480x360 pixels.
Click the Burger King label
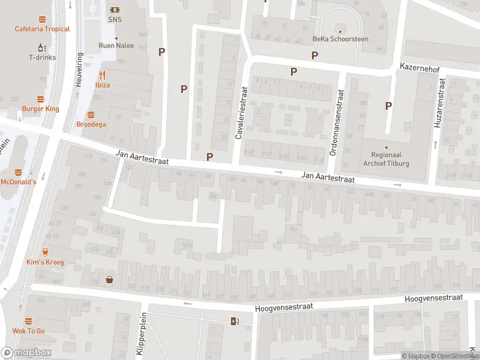point(41,109)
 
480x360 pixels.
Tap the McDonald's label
point(18,182)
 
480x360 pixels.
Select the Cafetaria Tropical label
point(42,29)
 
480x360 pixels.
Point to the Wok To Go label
point(28,331)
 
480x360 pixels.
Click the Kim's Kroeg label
point(45,262)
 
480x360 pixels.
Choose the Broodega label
point(91,124)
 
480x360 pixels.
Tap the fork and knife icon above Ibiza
point(102,75)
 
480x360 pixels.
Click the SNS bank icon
point(115,10)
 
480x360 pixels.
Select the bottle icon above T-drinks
point(42,47)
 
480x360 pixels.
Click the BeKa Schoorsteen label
point(340,39)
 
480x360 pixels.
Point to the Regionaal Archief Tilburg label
point(386,158)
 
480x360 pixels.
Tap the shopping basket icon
point(110,279)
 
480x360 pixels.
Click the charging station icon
point(235,321)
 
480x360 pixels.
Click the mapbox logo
point(26,353)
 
